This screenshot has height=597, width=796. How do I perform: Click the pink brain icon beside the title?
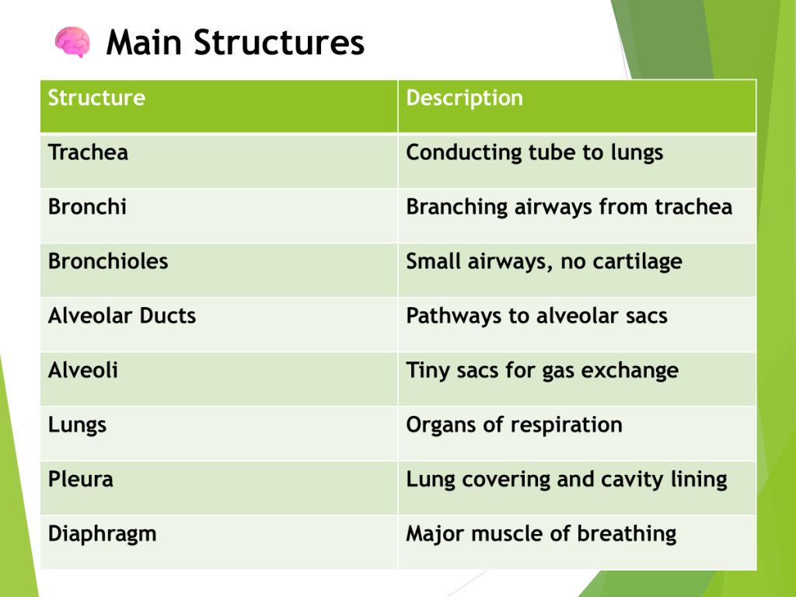(72, 42)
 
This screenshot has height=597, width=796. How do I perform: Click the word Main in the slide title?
(144, 42)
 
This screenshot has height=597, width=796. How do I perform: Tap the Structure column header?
(96, 97)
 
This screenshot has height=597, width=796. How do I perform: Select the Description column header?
(465, 98)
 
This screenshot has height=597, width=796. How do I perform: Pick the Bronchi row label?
(87, 207)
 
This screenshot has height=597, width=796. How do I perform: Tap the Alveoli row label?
(83, 370)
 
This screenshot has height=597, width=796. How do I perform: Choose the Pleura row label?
(81, 479)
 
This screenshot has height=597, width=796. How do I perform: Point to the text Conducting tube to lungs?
(535, 153)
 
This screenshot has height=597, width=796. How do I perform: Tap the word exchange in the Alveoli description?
(630, 371)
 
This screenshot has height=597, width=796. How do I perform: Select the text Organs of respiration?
(515, 425)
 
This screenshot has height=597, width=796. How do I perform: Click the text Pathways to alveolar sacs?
(537, 316)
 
